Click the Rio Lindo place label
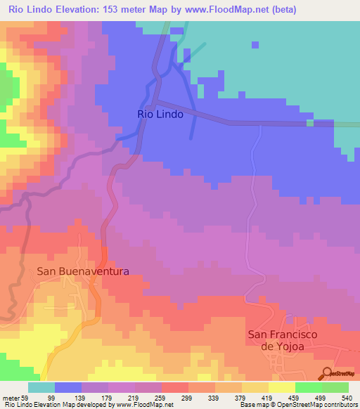click(160, 114)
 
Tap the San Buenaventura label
click(83, 271)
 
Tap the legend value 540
click(345, 398)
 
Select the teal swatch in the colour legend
click(41, 387)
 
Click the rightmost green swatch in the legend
click(335, 387)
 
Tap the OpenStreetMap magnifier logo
click(326, 372)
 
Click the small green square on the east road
click(309, 123)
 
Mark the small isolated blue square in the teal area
click(255, 45)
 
